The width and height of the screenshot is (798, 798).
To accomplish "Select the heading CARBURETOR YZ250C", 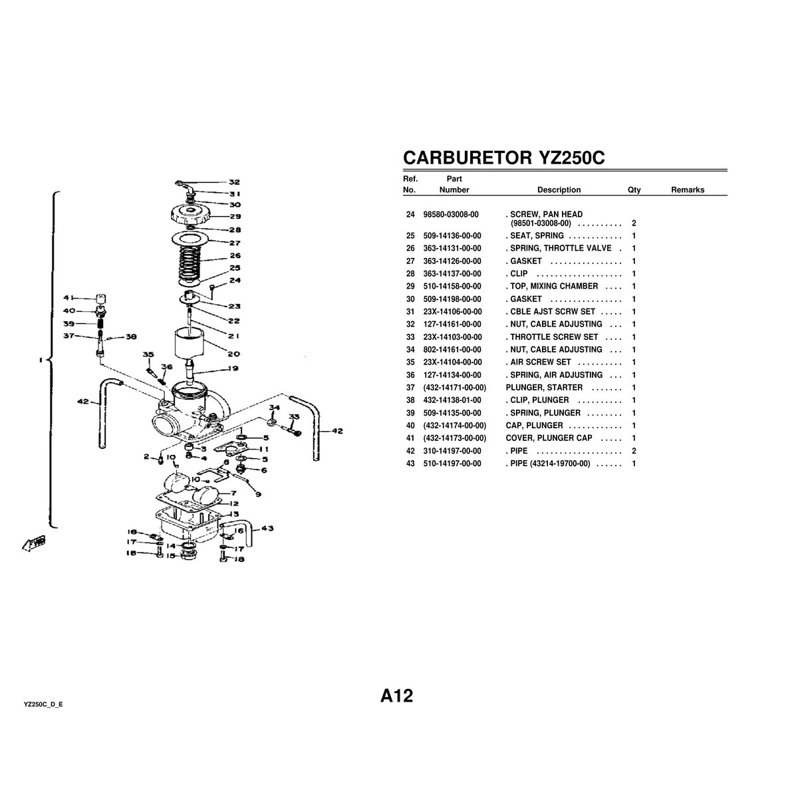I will point(503,158).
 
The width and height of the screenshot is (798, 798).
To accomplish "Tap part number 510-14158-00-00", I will point(452,287).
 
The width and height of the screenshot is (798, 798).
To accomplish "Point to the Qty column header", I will point(634,190).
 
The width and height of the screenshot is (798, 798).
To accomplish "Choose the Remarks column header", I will point(687,190).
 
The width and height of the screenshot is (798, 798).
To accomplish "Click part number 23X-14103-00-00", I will point(452,337).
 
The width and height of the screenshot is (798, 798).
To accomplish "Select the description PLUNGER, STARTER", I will point(544,388).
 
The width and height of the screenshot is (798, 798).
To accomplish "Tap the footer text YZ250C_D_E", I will point(43,703).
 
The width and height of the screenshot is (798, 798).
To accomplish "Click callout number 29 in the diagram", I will point(235,216).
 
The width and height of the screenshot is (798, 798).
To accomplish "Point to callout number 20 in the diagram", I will point(234,354).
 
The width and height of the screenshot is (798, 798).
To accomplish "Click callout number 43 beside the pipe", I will point(267,529).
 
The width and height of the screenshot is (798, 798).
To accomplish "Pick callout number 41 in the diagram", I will point(69,298).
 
